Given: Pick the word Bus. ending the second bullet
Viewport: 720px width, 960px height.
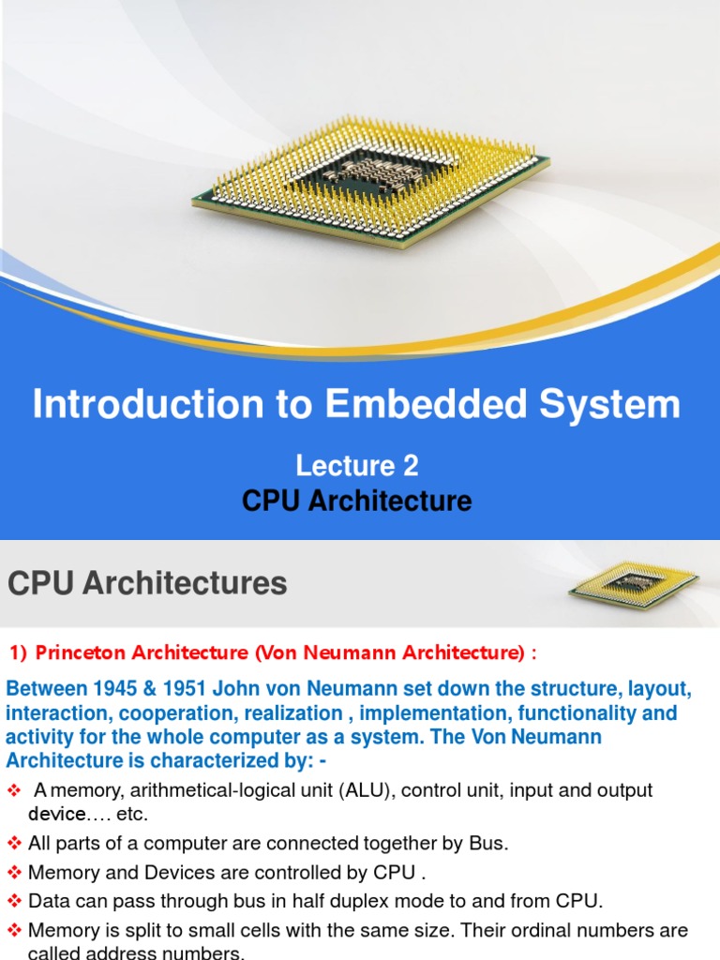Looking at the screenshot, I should (x=487, y=843).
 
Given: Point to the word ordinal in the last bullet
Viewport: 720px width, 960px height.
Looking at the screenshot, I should (x=547, y=931).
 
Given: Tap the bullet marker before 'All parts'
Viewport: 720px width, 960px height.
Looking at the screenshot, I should (x=14, y=843).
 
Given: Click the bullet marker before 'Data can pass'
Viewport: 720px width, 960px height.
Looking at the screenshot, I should (x=14, y=901).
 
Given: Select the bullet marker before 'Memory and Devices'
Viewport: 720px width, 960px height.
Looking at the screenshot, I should (x=14, y=872).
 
